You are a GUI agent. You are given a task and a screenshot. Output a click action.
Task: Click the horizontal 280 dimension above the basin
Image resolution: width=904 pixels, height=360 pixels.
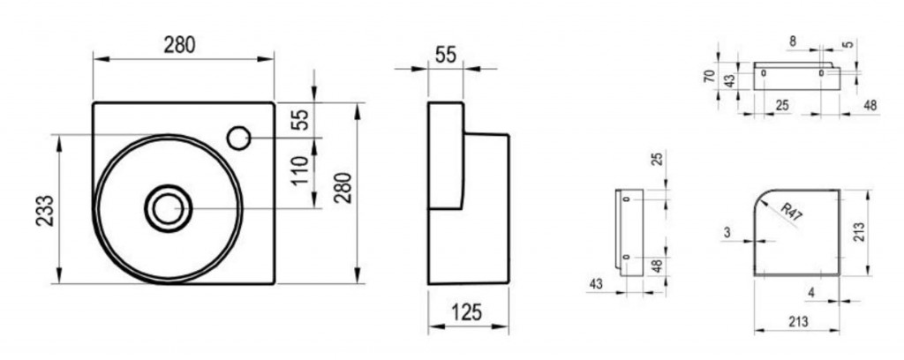pyautogui.click(x=179, y=45)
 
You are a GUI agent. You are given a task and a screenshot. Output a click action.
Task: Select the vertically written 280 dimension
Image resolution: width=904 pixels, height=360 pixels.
pyautogui.click(x=343, y=187)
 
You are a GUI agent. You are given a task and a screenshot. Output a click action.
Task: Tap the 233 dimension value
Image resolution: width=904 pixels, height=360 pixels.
pyautogui.click(x=46, y=210)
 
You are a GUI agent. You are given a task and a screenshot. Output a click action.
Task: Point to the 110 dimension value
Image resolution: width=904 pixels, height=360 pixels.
pyautogui.click(x=300, y=170)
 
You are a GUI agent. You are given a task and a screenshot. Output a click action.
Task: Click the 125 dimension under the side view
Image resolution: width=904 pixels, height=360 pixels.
pyautogui.click(x=466, y=312)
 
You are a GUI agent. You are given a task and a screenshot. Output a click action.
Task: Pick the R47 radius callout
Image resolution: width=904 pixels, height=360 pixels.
pyautogui.click(x=792, y=212)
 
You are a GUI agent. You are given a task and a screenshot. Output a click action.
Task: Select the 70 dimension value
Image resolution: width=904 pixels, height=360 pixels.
pyautogui.click(x=710, y=77)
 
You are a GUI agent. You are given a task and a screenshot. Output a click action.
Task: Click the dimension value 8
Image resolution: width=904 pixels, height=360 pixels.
pyautogui.click(x=793, y=41)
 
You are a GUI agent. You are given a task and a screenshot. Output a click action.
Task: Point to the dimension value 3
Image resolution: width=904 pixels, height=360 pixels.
pyautogui.click(x=727, y=232)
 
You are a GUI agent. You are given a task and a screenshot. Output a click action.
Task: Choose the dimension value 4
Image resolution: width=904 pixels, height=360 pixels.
pyautogui.click(x=811, y=293)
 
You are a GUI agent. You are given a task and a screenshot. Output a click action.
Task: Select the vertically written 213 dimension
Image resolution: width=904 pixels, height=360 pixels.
pyautogui.click(x=859, y=231)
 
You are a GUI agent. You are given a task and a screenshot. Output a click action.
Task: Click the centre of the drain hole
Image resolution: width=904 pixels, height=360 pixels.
pyautogui.click(x=168, y=208)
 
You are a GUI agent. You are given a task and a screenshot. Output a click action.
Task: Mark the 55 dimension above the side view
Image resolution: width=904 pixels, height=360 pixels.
pyautogui.click(x=446, y=55)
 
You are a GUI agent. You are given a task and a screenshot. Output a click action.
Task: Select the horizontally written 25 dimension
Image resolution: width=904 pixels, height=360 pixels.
pyautogui.click(x=782, y=105)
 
